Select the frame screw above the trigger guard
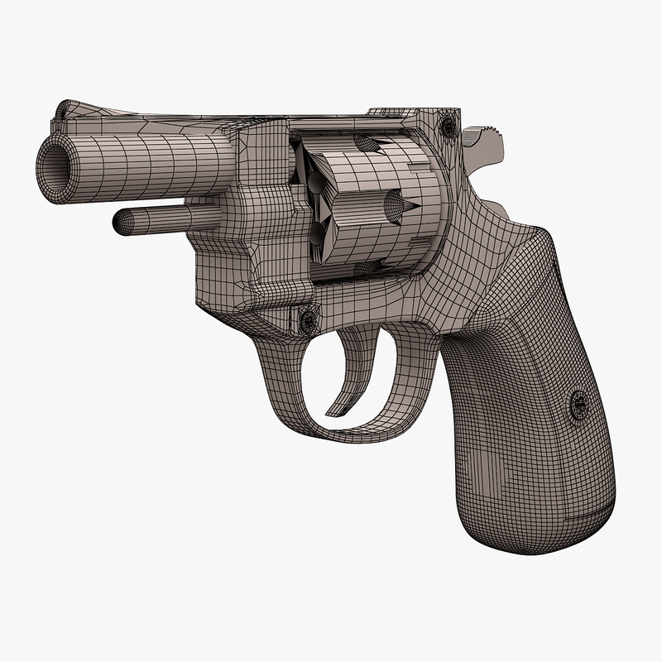pos(308,318)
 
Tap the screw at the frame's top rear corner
pos(448,127)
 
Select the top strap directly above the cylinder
pos(348,120)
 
